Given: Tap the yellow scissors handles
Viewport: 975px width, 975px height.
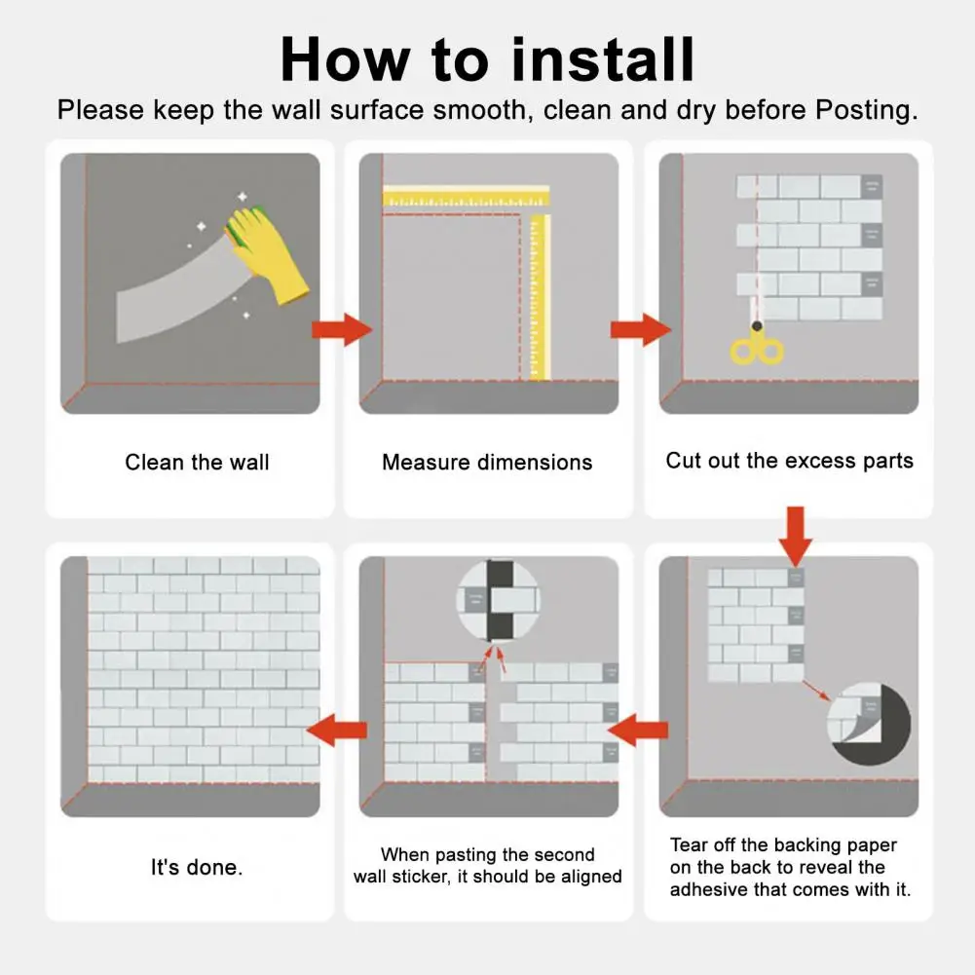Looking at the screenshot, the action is tap(757, 350).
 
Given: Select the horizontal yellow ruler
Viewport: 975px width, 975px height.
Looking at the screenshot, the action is tap(466, 197).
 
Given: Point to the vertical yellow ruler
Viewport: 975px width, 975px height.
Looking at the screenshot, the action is tap(539, 297).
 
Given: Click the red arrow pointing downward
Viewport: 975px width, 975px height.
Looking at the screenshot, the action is tap(796, 536).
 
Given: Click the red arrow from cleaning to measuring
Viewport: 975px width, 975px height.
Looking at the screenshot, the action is tap(341, 329).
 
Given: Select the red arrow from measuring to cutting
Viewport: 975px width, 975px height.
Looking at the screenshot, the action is tap(641, 329).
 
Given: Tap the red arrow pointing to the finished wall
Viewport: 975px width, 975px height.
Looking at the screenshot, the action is tap(337, 730).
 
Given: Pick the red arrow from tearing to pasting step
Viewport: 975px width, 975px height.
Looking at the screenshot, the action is tap(637, 730).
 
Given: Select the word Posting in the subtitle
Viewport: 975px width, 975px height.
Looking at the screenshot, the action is tap(866, 110).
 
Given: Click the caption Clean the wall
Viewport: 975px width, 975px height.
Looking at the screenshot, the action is tap(197, 462).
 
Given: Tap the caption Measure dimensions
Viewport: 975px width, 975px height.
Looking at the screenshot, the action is tap(487, 462).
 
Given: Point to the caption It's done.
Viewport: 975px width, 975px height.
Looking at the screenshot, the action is tap(197, 867).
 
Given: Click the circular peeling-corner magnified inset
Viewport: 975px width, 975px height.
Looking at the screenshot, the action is tap(869, 723).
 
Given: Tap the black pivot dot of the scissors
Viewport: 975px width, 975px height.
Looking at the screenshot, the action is tap(757, 326).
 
